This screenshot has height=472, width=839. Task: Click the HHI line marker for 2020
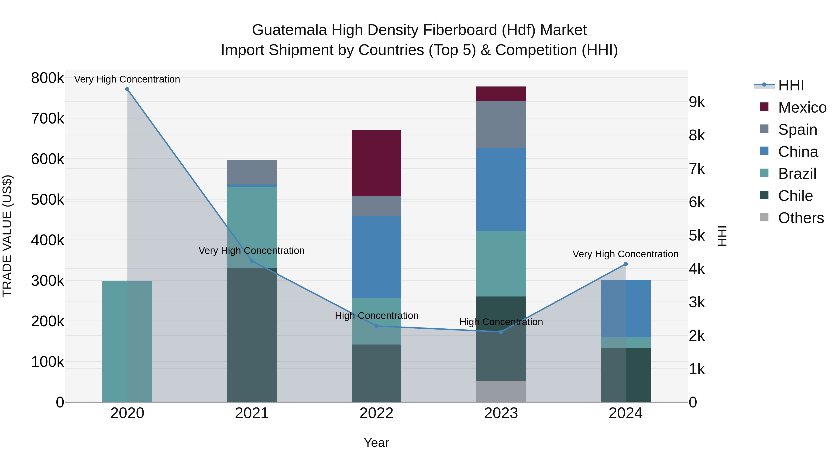coord(127,89)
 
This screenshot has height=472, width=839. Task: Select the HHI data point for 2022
coord(377,326)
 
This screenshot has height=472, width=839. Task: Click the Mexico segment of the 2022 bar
coord(377,163)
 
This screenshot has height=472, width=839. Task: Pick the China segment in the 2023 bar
coord(501,189)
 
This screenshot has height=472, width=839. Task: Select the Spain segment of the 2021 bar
coord(252,172)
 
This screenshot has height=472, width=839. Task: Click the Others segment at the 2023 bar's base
coord(501,391)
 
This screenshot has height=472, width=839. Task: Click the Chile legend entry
coord(795,196)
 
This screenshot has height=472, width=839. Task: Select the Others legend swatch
coord(764,217)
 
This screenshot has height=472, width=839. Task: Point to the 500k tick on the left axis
coord(48,200)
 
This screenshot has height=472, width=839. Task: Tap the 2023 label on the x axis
coord(501,413)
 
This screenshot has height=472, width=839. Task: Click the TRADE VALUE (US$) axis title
coord(7,236)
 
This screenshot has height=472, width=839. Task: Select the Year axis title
coord(377,443)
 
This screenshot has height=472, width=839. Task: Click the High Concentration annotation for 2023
coord(501,322)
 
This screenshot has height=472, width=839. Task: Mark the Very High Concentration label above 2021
coord(251,251)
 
